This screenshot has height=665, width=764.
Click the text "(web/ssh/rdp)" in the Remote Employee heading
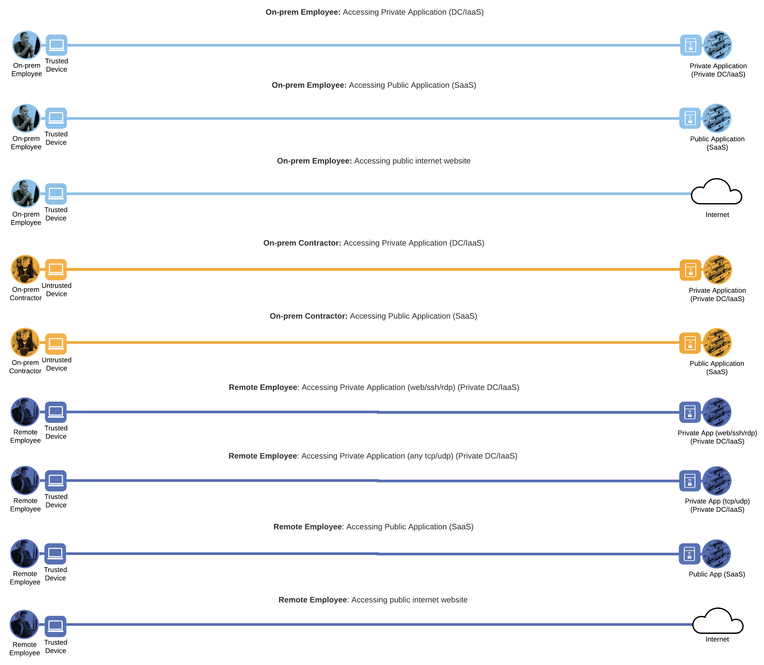431,388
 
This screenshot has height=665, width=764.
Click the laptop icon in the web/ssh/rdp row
56,412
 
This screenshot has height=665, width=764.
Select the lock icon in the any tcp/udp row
690,481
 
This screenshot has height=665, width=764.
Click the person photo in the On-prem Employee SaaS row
26,118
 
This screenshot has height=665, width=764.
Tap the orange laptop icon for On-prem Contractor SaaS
56,344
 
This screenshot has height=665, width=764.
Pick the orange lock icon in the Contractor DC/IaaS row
691,270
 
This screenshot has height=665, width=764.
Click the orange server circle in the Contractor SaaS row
717,343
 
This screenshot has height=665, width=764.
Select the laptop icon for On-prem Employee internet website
56,194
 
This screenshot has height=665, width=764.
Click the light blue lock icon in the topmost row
691,45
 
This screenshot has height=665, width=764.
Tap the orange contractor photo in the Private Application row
25,269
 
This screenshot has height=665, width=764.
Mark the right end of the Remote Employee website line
691,625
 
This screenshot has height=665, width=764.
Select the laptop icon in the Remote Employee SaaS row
55,554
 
